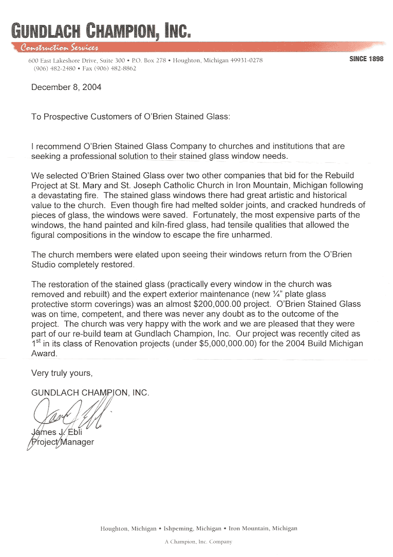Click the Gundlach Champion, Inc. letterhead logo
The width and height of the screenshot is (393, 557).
(101, 30)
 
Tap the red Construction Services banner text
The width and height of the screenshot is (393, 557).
(59, 48)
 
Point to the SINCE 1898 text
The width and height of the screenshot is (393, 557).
(366, 59)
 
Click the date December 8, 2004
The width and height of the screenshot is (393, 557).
(66, 87)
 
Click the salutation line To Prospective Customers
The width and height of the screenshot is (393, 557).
(130, 117)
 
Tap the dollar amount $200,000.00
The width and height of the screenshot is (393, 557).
(218, 304)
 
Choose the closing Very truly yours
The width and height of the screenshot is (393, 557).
(62, 373)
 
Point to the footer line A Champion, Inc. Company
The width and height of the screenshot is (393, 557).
(198, 542)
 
